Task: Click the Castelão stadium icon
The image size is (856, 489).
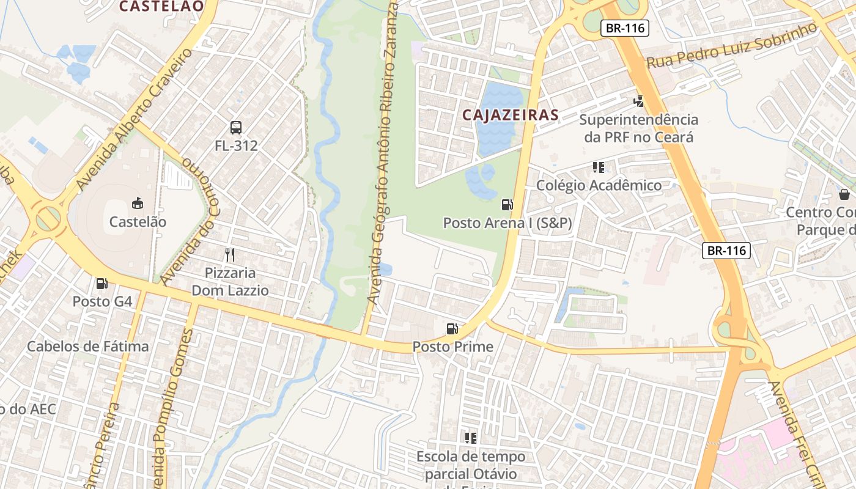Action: click(x=138, y=204)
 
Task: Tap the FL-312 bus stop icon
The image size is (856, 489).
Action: click(x=236, y=128)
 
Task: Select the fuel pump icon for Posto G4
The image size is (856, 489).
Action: click(x=102, y=284)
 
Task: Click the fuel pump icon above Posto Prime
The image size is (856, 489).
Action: click(x=452, y=329)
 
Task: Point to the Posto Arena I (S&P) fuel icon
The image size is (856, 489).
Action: click(x=507, y=205)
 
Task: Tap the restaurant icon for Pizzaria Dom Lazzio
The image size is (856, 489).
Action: click(x=230, y=255)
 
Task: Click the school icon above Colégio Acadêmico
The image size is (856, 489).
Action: click(x=598, y=167)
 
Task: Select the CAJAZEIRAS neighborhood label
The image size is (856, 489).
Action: click(x=511, y=115)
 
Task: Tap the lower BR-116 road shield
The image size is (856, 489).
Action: click(x=726, y=250)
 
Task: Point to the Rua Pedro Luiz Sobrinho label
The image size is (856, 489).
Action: click(x=731, y=46)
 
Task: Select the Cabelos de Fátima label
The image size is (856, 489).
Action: click(x=87, y=347)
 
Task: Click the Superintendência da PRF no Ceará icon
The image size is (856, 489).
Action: click(x=638, y=101)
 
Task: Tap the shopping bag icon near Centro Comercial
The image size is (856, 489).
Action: click(x=844, y=194)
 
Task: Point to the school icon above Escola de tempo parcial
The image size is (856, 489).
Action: click(x=471, y=438)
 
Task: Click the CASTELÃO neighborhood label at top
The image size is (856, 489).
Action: click(x=161, y=6)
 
